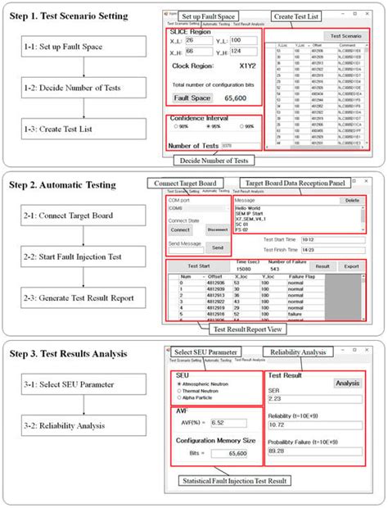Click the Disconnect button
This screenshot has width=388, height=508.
[217, 230]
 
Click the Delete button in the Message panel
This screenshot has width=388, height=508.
[351, 200]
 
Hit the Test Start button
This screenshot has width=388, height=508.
[199, 266]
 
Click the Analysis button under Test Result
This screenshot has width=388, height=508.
[347, 383]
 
